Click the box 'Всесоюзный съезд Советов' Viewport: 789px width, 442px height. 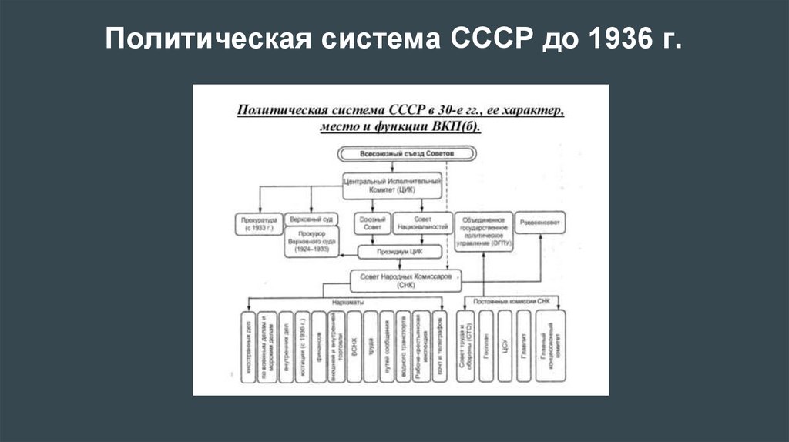click(x=395, y=154)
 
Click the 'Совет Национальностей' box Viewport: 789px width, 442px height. click(x=421, y=223)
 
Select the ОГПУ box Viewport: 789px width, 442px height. click(x=484, y=229)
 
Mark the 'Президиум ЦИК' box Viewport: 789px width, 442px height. click(x=399, y=251)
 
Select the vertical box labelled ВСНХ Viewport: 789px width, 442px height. click(x=354, y=346)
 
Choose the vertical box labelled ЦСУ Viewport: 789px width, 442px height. click(x=505, y=346)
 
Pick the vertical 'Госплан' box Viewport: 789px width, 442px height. click(x=485, y=346)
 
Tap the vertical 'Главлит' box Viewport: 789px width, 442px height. click(x=525, y=346)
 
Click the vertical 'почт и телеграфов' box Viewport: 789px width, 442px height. click(x=439, y=346)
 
